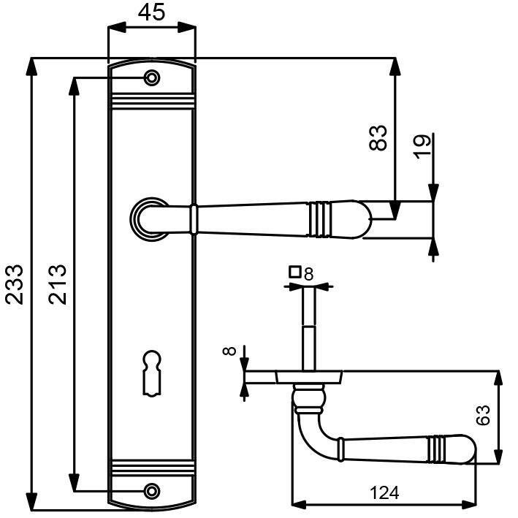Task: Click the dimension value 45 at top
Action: click(151, 12)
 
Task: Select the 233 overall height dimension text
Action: click(15, 284)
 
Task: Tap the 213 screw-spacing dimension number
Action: click(58, 284)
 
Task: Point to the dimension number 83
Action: click(378, 138)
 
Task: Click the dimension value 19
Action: click(423, 146)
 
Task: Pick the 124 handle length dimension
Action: click(384, 493)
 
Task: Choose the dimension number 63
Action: click(483, 415)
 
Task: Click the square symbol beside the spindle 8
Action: click(294, 272)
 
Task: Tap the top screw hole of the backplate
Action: click(152, 78)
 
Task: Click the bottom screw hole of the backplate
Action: click(152, 491)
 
